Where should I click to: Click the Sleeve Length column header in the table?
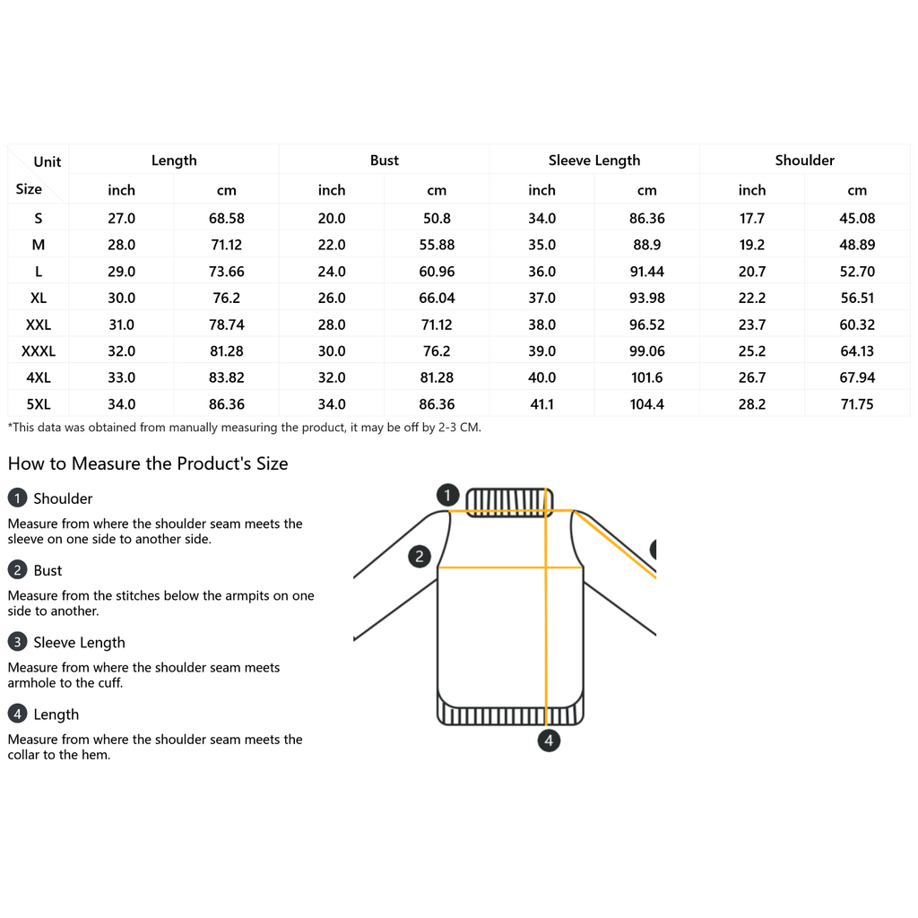[594, 160]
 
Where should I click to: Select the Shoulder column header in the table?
[804, 160]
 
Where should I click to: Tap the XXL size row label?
[38, 325]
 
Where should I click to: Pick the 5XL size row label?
[38, 404]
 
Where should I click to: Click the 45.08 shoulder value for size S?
[857, 218]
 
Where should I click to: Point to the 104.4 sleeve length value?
[646, 404]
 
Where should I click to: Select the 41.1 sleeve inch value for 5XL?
[541, 404]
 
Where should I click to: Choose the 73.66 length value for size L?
[226, 272]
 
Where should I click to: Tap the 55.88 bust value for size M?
[437, 245]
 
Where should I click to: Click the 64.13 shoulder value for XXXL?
[857, 351]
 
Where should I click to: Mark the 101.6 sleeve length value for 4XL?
[646, 377]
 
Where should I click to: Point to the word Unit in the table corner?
[48, 162]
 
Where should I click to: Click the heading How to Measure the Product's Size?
[148, 463]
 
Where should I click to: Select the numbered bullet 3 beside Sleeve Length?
[17, 642]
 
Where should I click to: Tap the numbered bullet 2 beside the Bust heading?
[17, 570]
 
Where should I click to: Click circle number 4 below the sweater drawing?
[549, 740]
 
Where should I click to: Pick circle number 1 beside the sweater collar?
[448, 494]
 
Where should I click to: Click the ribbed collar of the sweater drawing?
[508, 500]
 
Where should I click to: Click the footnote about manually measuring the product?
[244, 428]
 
